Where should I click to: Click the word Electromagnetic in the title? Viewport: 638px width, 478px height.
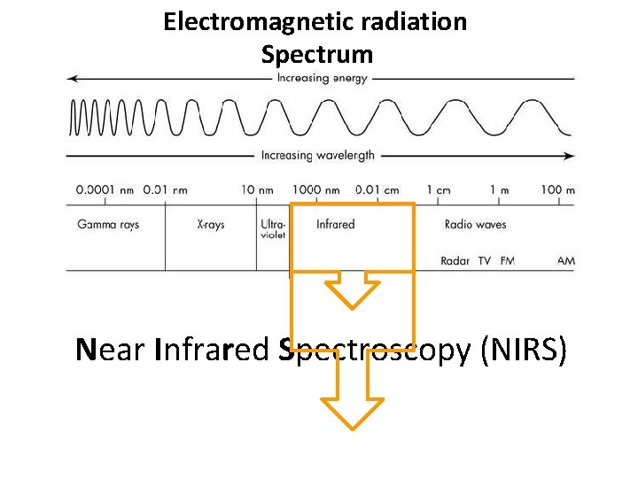(x=237, y=21)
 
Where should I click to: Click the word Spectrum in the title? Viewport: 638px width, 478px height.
(x=317, y=55)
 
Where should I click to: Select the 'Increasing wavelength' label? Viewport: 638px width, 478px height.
(x=317, y=156)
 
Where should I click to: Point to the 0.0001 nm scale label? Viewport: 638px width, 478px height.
(x=105, y=189)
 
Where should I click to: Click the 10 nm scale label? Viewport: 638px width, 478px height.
(x=258, y=189)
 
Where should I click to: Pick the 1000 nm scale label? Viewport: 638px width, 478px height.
(x=315, y=189)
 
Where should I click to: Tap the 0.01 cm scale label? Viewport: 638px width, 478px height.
(x=377, y=189)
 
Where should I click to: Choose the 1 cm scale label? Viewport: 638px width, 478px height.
(x=439, y=189)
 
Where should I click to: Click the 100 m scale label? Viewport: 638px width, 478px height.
(x=558, y=189)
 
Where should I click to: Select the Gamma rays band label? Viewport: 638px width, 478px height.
(x=108, y=225)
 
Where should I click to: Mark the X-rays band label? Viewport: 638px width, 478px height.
(x=211, y=225)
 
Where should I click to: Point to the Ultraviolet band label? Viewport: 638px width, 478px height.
(x=273, y=230)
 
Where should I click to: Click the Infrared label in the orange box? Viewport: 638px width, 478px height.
(x=335, y=225)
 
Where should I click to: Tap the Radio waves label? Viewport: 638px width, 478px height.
(x=475, y=225)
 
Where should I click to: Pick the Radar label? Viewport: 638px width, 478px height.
(x=455, y=261)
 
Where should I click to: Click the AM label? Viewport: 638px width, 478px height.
(x=566, y=261)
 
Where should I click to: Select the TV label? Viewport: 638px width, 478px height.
(x=484, y=261)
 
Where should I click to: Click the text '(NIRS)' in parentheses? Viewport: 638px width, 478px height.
(x=523, y=351)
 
